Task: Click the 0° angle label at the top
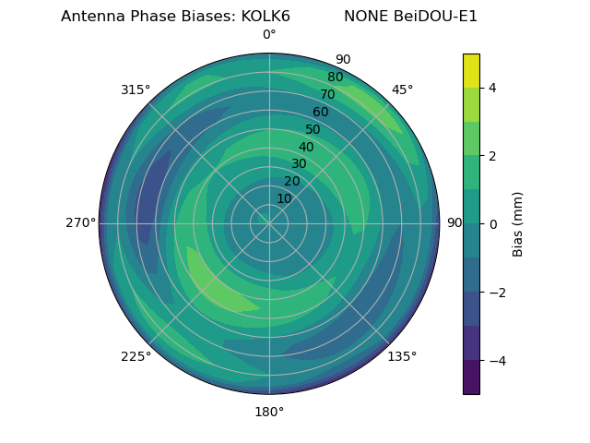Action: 269,35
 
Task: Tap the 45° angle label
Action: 402,90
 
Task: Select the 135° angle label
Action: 402,356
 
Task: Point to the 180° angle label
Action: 269,412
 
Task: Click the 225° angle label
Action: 136,356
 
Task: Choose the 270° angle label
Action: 80,223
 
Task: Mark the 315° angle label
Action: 136,90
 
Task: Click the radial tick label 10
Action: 284,198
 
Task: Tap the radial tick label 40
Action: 306,148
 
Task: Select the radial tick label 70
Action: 328,94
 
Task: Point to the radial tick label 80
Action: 336,78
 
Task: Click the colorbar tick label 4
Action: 493,88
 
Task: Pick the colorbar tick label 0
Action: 493,224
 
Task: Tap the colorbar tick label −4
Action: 496,360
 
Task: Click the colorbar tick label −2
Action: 496,293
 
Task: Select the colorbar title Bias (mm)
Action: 518,223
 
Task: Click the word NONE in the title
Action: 365,17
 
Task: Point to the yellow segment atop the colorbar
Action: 471,70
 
